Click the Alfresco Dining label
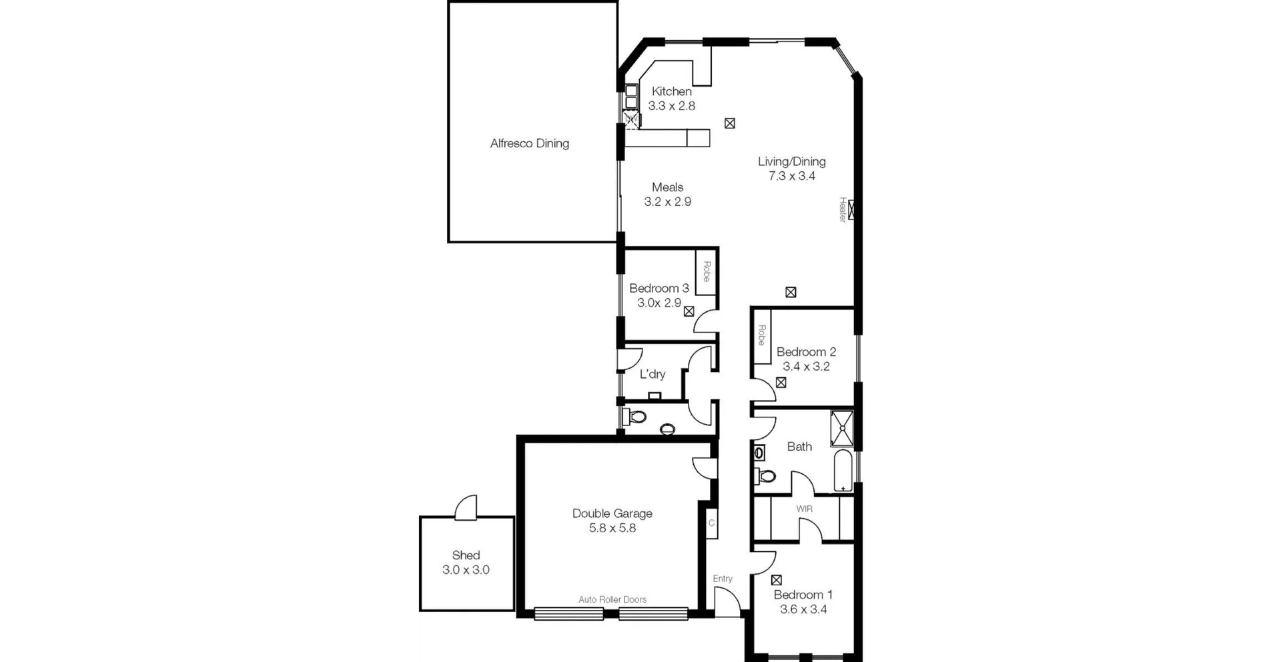pyautogui.click(x=529, y=143)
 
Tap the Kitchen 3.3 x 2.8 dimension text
pyautogui.click(x=671, y=106)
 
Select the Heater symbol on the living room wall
pyautogui.click(x=851, y=210)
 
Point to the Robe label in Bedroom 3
pyautogui.click(x=706, y=271)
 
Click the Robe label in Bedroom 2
pyautogui.click(x=761, y=335)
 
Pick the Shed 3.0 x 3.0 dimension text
pyautogui.click(x=466, y=570)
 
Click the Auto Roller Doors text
pyautogui.click(x=612, y=599)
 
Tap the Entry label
pyautogui.click(x=723, y=579)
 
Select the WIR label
pyautogui.click(x=804, y=509)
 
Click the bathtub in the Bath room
pyautogui.click(x=843, y=471)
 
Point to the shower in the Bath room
pyautogui.click(x=842, y=428)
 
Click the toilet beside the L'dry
pyautogui.click(x=635, y=418)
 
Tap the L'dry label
pyautogui.click(x=652, y=374)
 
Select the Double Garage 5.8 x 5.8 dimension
pyautogui.click(x=612, y=528)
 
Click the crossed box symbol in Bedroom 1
pyautogui.click(x=776, y=580)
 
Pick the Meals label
pyautogui.click(x=667, y=187)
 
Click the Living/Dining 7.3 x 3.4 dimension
pyautogui.click(x=791, y=176)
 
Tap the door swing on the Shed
pyautogui.click(x=467, y=507)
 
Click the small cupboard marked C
pyautogui.click(x=711, y=523)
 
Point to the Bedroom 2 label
pyautogui.click(x=805, y=352)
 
